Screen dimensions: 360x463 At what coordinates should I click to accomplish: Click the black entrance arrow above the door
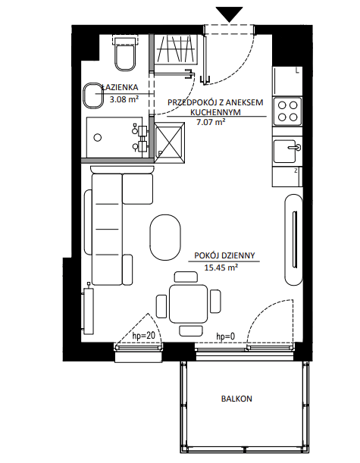pyautogui.click(x=229, y=14)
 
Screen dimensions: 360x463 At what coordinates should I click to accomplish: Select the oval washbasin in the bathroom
pyautogui.click(x=92, y=95)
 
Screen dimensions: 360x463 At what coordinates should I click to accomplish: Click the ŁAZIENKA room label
pyautogui.click(x=120, y=87)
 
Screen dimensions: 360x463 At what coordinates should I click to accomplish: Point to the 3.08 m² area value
pyautogui.click(x=124, y=99)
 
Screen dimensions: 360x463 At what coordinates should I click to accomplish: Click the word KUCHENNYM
pyautogui.click(x=215, y=112)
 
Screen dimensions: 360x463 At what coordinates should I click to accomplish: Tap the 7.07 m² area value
pyautogui.click(x=211, y=122)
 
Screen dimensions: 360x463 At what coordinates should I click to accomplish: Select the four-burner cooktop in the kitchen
pyautogui.click(x=288, y=111)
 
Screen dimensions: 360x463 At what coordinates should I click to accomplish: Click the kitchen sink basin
pyautogui.click(x=285, y=152)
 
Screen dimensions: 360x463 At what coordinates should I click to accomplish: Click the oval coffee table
pyautogui.click(x=164, y=237)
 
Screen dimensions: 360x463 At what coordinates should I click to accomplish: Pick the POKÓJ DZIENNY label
pyautogui.click(x=224, y=255)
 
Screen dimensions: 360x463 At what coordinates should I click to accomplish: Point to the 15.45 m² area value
pyautogui.click(x=221, y=267)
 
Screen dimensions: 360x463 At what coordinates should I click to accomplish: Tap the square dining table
pyautogui.click(x=189, y=304)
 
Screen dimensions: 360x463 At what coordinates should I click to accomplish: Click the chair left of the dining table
pyautogui.click(x=161, y=306)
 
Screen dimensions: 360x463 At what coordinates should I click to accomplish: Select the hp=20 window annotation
pyautogui.click(x=144, y=336)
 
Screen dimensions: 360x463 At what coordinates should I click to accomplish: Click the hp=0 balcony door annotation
pyautogui.click(x=226, y=336)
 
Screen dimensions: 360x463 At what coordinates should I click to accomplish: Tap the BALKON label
pyautogui.click(x=236, y=399)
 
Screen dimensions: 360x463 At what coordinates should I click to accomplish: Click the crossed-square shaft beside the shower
pyautogui.click(x=170, y=143)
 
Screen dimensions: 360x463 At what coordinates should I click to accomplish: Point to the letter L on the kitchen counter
pyautogui.click(x=297, y=70)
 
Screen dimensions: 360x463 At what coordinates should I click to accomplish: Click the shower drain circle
pyautogui.click(x=98, y=137)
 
